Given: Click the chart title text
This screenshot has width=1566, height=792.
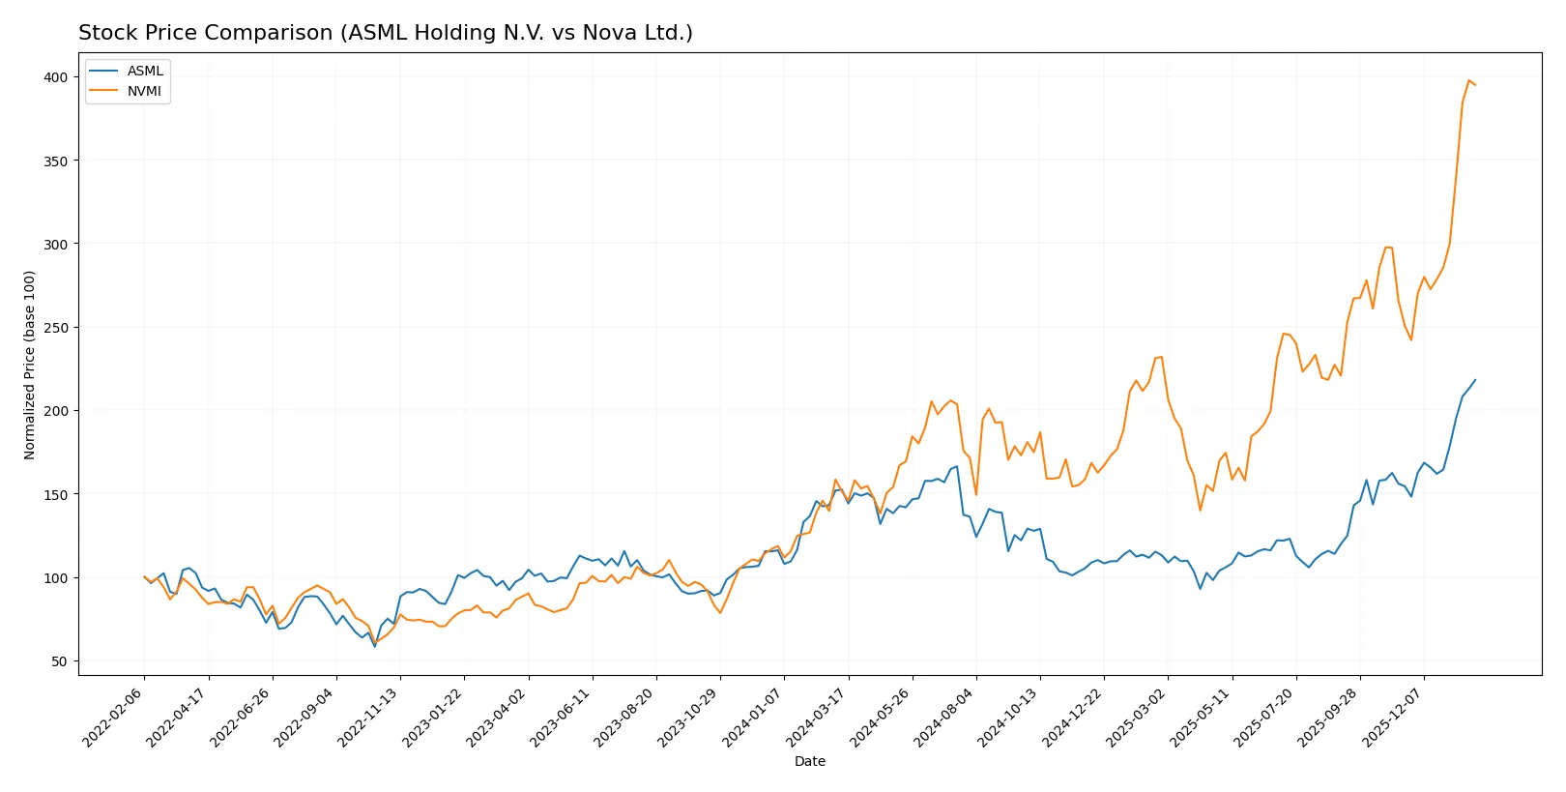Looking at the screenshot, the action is (385, 33).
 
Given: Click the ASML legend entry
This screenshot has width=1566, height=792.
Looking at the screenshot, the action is (145, 71).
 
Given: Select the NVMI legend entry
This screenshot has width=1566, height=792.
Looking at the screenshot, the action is (145, 91).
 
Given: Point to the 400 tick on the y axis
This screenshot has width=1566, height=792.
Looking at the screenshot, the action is (56, 77).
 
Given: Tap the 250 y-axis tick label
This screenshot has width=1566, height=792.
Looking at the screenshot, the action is (56, 328).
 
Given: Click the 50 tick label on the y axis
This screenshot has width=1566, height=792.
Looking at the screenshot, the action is (60, 661).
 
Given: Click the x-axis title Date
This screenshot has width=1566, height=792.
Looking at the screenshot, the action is (809, 761).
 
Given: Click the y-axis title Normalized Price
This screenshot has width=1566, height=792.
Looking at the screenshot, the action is (30, 365).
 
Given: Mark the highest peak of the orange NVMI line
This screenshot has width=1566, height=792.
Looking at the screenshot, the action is (1468, 81).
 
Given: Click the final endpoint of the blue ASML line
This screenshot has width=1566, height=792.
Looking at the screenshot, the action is (1475, 380).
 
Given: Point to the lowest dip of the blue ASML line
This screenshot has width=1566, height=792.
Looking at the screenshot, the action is (375, 646).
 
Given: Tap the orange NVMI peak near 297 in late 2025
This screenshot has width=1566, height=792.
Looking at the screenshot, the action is (1386, 247).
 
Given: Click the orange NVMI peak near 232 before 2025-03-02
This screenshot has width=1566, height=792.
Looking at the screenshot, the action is (1161, 357).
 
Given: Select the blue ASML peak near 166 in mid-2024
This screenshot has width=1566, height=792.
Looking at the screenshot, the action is (956, 467).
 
